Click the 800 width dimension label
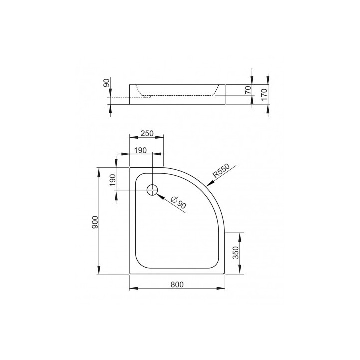pyautogui.click(x=177, y=284)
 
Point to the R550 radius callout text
pyautogui.click(x=220, y=171)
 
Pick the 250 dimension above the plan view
pyautogui.click(x=146, y=133)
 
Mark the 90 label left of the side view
pyautogui.click(x=106, y=83)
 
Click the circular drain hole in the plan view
pyautogui.click(x=152, y=189)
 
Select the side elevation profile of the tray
pyautogui.click(x=177, y=95)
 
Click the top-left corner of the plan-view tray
pyautogui.click(x=131, y=168)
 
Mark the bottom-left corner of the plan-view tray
pyautogui.click(x=131, y=274)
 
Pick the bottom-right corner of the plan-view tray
pyautogui.click(x=225, y=274)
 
